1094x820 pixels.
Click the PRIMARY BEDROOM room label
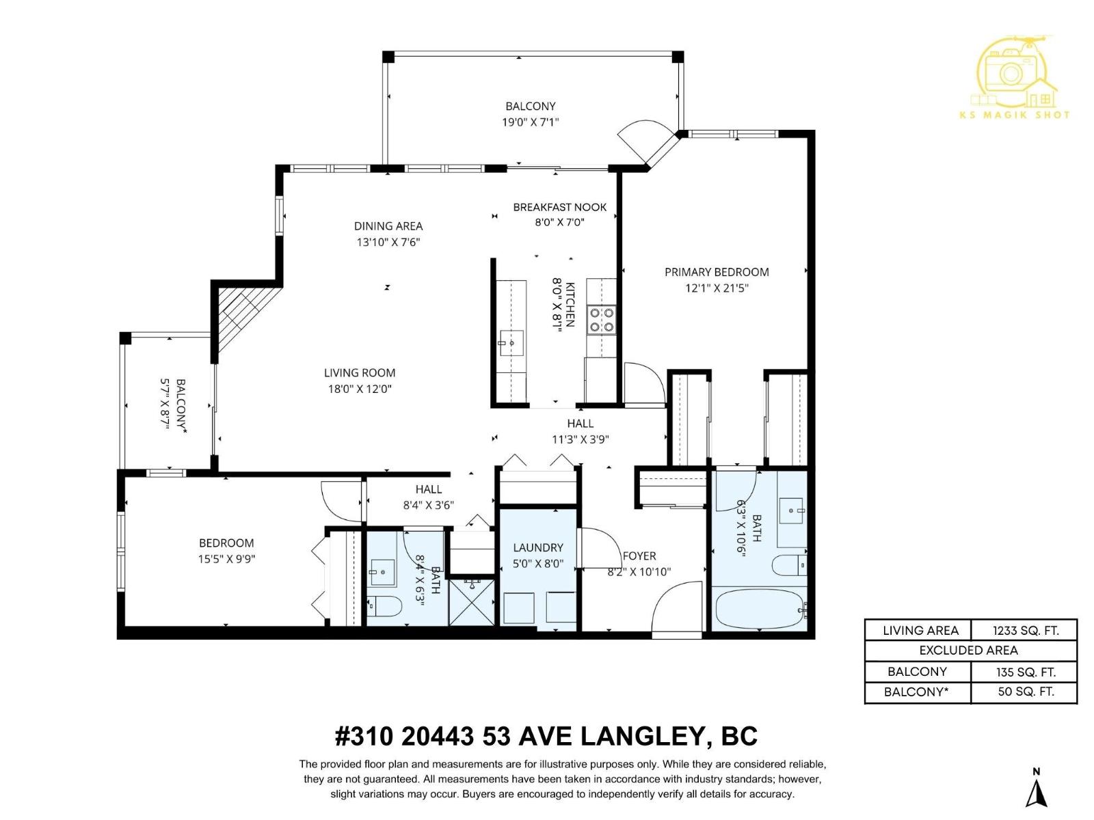click(x=717, y=272)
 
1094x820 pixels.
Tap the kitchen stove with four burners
click(x=602, y=320)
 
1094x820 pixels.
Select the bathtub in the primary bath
click(x=758, y=609)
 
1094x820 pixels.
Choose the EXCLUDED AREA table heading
click(x=968, y=651)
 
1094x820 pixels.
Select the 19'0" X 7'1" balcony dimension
click(x=531, y=122)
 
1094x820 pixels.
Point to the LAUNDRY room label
click(x=538, y=547)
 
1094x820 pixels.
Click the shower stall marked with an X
click(x=471, y=601)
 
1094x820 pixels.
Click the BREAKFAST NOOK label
click(x=559, y=207)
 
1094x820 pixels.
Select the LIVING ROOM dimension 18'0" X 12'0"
click(x=360, y=389)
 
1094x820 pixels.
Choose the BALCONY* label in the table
click(x=916, y=692)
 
